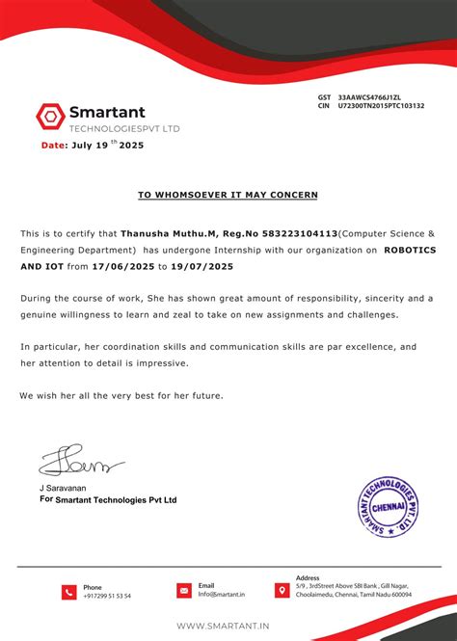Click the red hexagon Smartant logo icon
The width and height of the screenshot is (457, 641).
click(49, 116)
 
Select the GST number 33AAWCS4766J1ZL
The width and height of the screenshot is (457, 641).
click(379, 97)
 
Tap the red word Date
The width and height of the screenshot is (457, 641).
click(54, 146)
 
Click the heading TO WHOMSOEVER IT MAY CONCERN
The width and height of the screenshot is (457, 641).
click(228, 195)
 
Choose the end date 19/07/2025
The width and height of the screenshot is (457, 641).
click(201, 266)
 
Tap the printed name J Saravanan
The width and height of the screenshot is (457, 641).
click(63, 489)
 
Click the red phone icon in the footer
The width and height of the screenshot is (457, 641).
click(68, 592)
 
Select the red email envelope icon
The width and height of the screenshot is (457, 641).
click(183, 590)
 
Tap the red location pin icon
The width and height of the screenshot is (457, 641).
click(282, 590)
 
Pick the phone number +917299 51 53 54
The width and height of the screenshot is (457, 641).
click(107, 597)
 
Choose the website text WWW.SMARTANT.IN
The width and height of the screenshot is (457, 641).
click(223, 627)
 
